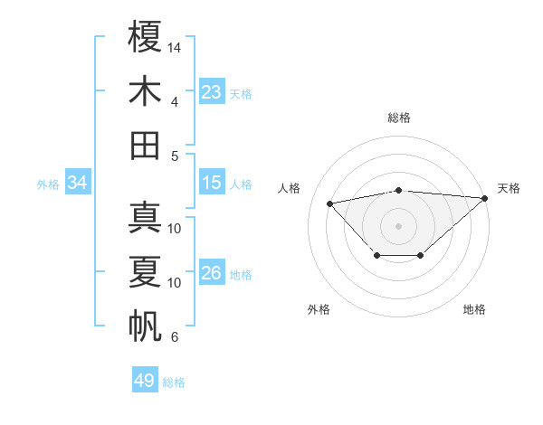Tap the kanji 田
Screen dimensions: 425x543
pyautogui.click(x=145, y=145)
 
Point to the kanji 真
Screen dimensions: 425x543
pyautogui.click(x=145, y=218)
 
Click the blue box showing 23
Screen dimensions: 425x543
pyautogui.click(x=212, y=91)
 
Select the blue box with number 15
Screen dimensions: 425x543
pyautogui.click(x=212, y=183)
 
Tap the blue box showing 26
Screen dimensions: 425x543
pyautogui.click(x=212, y=273)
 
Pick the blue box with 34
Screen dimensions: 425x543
pyautogui.click(x=78, y=183)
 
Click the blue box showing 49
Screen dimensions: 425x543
pyautogui.click(x=145, y=380)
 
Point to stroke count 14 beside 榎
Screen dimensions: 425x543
pyautogui.click(x=176, y=46)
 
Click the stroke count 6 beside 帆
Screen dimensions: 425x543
pyautogui.click(x=175, y=337)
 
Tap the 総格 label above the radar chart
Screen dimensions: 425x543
pyautogui.click(x=399, y=118)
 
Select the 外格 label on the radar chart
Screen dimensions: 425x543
pyautogui.click(x=319, y=309)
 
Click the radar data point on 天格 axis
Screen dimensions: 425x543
pyautogui.click(x=484, y=198)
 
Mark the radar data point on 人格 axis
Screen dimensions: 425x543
pyautogui.click(x=330, y=203)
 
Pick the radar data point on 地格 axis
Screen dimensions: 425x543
pyautogui.click(x=421, y=256)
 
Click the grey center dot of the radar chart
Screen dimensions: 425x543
pyautogui.click(x=399, y=225)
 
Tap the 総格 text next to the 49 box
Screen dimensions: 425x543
pyautogui.click(x=174, y=382)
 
